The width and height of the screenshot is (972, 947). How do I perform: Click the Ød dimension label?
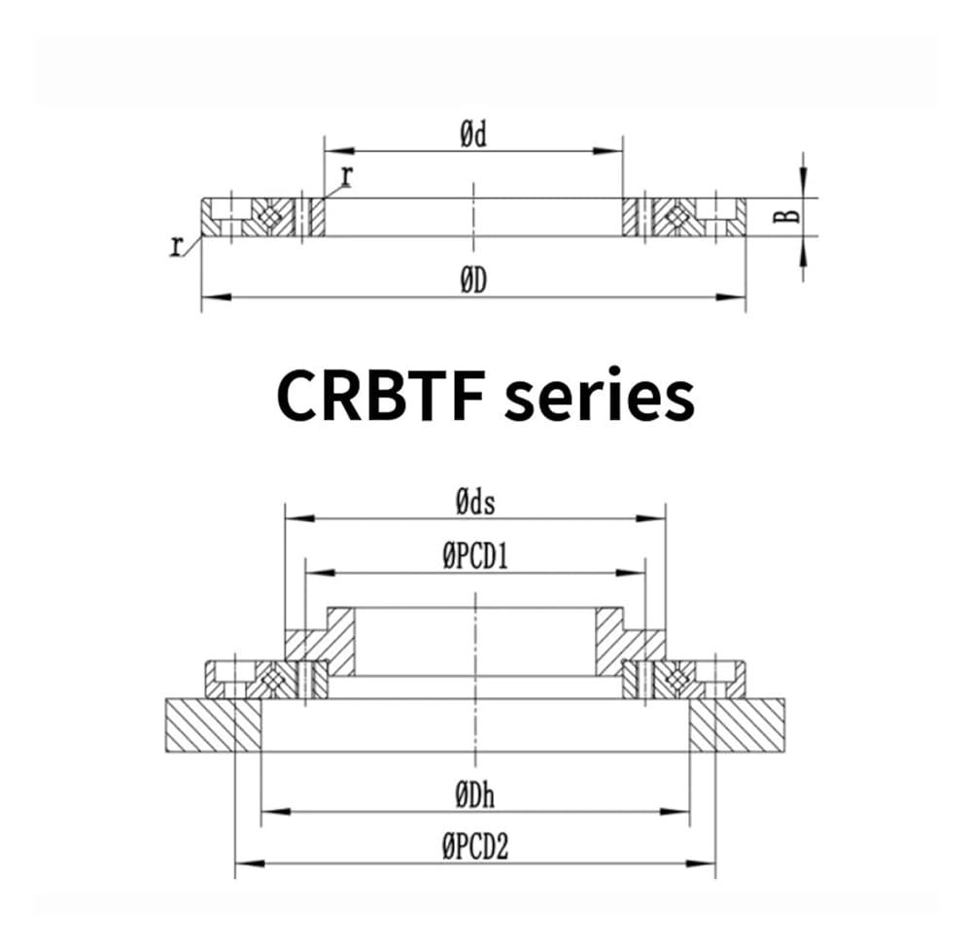point(473,134)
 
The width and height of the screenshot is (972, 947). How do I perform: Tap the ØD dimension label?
point(473,282)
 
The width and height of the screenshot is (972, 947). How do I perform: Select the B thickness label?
point(787,216)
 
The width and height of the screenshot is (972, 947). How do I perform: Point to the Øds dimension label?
point(475,503)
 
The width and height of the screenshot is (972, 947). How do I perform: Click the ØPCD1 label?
point(475,557)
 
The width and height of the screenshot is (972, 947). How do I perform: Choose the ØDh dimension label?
point(475,795)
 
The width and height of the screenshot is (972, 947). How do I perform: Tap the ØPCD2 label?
point(475,847)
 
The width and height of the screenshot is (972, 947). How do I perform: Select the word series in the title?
point(600,397)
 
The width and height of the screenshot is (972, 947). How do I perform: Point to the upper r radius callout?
point(347,177)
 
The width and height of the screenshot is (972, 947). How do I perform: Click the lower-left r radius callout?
point(177,246)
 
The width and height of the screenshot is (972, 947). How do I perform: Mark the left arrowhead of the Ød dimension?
point(339,151)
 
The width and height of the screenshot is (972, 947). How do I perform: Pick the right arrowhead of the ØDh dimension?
point(675,812)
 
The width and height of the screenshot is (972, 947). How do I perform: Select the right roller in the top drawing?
point(677,217)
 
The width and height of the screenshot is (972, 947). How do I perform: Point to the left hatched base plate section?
point(213,725)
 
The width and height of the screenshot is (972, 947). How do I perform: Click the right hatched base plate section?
point(737,725)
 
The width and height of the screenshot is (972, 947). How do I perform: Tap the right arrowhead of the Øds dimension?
point(650,518)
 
